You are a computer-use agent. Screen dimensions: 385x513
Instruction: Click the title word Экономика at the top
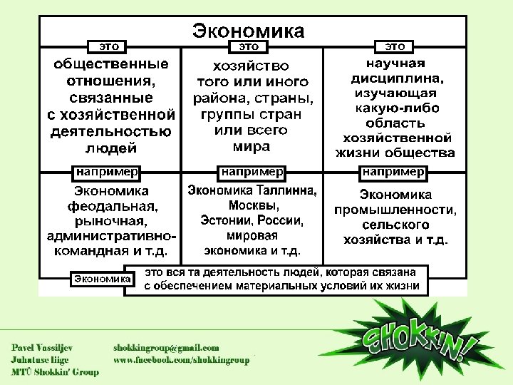[248, 31]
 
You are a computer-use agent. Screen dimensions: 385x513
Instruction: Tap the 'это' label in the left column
[107, 46]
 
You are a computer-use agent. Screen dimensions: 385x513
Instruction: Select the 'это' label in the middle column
[249, 46]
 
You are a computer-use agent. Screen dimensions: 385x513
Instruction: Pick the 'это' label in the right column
[395, 46]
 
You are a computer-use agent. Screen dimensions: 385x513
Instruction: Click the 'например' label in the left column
[107, 172]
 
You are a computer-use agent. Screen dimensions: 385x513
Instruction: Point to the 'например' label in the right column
[394, 172]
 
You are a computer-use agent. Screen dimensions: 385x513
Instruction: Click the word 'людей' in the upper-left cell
[111, 148]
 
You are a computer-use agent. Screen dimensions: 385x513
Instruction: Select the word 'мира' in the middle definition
[252, 147]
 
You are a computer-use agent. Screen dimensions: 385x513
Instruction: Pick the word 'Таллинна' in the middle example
[284, 190]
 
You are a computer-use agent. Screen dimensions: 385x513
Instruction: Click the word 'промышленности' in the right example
[395, 210]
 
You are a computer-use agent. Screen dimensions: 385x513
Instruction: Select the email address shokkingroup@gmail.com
[167, 347]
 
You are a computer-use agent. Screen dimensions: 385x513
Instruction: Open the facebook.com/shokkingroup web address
[182, 360]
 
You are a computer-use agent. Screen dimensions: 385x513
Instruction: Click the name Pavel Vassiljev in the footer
[41, 347]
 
